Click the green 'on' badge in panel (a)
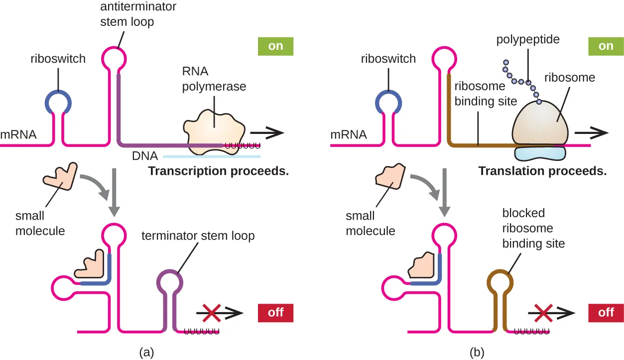click(x=275, y=46)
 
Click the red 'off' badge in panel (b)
click(x=606, y=313)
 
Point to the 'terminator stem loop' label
click(x=198, y=236)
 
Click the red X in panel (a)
click(x=212, y=313)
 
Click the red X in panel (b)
click(x=543, y=313)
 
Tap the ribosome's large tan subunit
click(x=540, y=122)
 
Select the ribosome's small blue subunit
click(x=540, y=152)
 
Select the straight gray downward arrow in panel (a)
click(x=115, y=192)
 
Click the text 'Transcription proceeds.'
click(x=219, y=172)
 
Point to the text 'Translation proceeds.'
click(x=542, y=172)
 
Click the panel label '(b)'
click(x=477, y=353)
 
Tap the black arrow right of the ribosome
click(x=591, y=133)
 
